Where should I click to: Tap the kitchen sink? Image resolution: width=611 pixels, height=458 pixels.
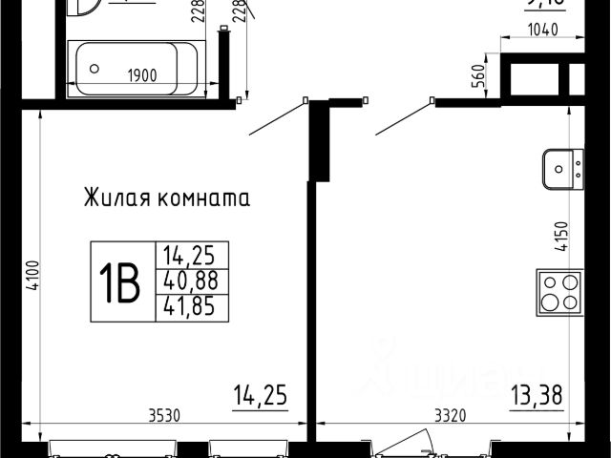click(x=561, y=170)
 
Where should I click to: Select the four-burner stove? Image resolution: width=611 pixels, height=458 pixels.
click(x=559, y=290)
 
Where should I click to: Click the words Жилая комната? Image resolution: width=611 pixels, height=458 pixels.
click(x=167, y=199)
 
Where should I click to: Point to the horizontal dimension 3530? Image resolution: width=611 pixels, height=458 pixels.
click(x=167, y=415)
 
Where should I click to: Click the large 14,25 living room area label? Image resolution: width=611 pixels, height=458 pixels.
click(x=261, y=392)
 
